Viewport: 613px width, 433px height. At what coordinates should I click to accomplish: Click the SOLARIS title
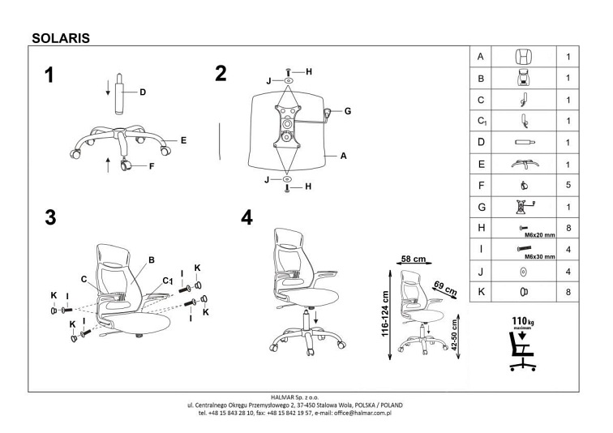point(59,36)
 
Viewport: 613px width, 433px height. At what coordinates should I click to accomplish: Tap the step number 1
point(51,75)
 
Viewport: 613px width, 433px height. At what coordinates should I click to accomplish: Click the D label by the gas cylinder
point(143,92)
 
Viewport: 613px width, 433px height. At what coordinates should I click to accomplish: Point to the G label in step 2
point(346,111)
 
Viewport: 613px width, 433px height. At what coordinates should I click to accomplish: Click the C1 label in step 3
point(169,280)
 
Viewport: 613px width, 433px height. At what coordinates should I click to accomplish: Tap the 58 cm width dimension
point(414,259)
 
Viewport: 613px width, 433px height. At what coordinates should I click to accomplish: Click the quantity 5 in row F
point(569,185)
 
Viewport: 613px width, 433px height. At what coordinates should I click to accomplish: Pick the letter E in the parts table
point(481,164)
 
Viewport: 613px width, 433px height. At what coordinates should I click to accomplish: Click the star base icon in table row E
point(523,164)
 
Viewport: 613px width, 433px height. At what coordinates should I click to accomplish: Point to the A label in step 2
point(344,157)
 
